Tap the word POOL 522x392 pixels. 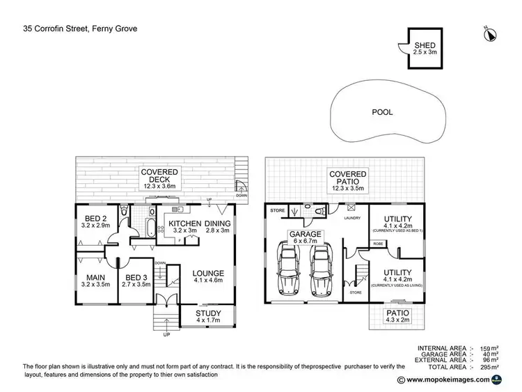point(383,111)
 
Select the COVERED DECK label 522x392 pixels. point(160,171)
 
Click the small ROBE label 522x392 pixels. point(378,244)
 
